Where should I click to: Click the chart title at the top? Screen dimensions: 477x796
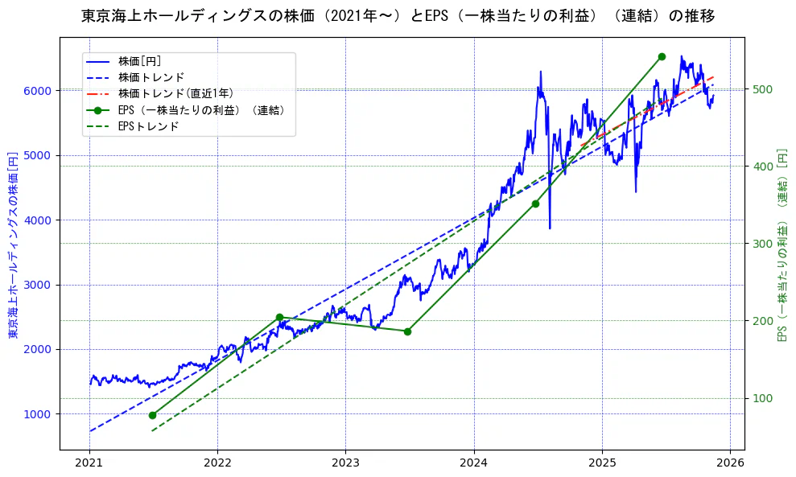(398, 15)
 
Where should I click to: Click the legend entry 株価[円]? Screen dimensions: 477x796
(140, 61)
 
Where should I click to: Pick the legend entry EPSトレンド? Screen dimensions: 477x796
(148, 126)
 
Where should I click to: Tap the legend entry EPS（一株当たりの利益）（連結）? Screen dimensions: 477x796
(202, 110)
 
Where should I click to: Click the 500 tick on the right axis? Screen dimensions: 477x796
(763, 89)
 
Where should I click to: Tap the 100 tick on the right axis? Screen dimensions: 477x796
(763, 399)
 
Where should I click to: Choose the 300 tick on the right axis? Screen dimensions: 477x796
(763, 244)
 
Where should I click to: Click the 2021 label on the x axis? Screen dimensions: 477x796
(89, 463)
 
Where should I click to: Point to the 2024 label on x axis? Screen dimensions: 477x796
(474, 463)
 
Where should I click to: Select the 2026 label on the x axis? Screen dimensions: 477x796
(730, 463)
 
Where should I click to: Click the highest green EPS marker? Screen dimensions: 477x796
(662, 56)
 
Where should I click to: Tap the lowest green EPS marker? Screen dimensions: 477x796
(152, 415)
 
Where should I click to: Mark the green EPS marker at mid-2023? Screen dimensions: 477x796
(407, 331)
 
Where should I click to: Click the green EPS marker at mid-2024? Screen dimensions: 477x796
(535, 204)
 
